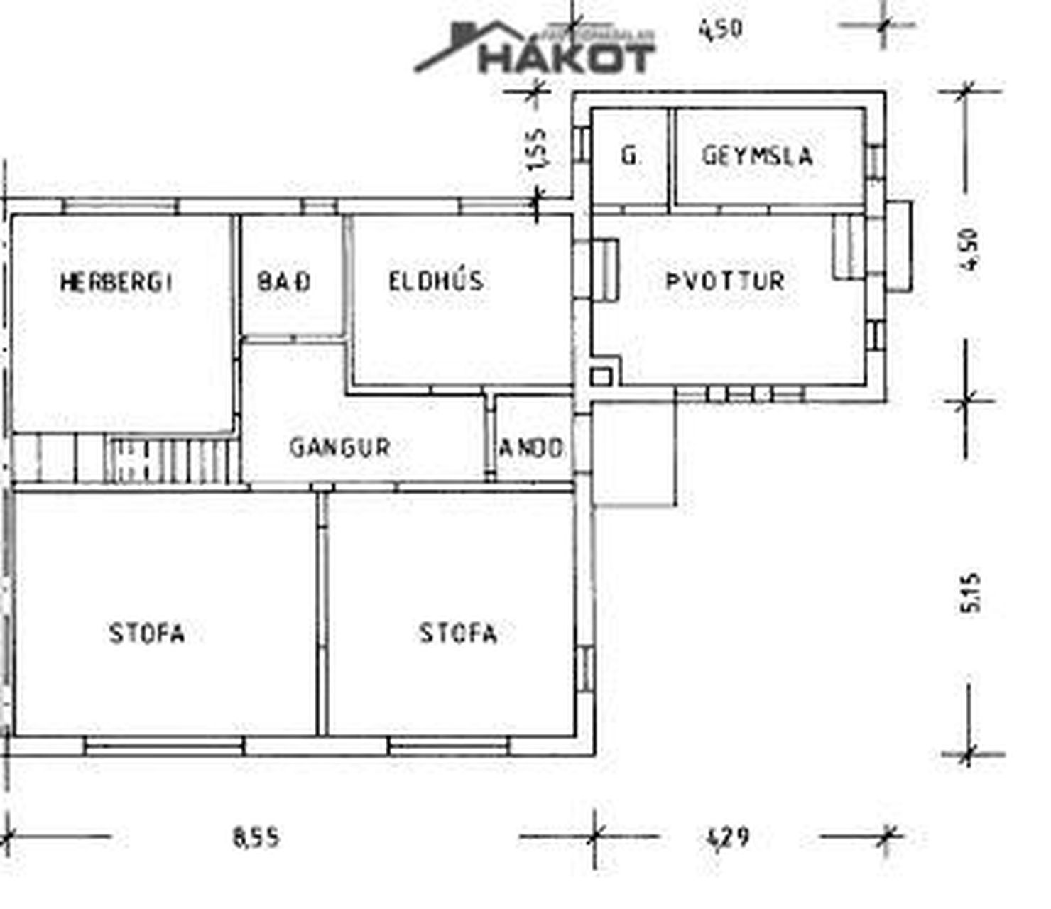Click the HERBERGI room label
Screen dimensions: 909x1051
(x=116, y=282)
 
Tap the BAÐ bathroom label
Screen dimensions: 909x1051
(x=284, y=281)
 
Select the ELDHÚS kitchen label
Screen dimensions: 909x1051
(x=436, y=281)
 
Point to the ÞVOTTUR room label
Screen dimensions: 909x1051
(x=725, y=281)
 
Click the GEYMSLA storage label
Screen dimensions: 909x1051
(x=757, y=156)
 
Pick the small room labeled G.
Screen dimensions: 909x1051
(x=629, y=156)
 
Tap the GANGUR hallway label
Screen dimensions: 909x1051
(x=340, y=447)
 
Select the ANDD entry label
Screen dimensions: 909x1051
(x=531, y=447)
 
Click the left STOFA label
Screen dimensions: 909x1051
(x=147, y=633)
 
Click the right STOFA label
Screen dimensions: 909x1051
(x=458, y=632)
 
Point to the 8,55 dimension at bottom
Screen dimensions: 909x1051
(x=256, y=837)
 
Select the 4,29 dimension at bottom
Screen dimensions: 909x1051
(x=728, y=837)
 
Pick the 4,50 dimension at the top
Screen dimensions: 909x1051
(x=721, y=29)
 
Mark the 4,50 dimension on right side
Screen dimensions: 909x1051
(x=969, y=249)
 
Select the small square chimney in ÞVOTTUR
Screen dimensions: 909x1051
(x=601, y=376)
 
